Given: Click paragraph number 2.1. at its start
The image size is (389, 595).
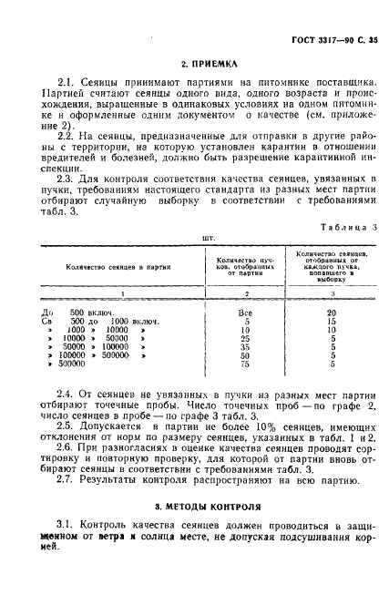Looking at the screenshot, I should [65, 81].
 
